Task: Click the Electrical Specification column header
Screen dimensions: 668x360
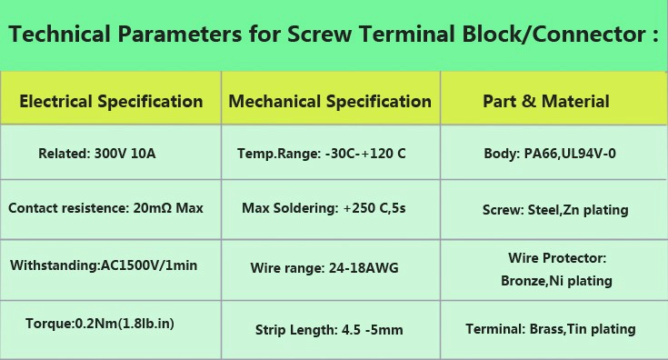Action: click(x=111, y=102)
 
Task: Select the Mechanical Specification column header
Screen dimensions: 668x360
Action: click(x=330, y=102)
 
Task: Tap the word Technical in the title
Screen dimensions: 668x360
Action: click(x=60, y=34)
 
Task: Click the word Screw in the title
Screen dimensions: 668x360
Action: click(x=320, y=34)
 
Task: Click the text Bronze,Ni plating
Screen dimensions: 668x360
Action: click(x=556, y=281)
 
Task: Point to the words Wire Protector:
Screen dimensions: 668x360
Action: click(x=557, y=258)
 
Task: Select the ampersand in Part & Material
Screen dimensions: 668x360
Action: click(x=528, y=102)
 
